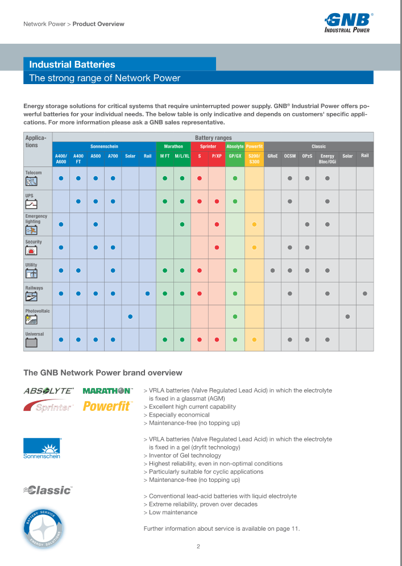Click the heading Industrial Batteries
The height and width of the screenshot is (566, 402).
pyautogui.click(x=72, y=65)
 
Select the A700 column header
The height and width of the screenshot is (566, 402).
pyautogui.click(x=113, y=156)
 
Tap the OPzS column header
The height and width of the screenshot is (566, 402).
pyautogui.click(x=307, y=156)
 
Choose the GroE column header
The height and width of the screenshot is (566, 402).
pyautogui.click(x=272, y=156)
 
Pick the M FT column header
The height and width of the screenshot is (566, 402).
pyautogui.click(x=164, y=156)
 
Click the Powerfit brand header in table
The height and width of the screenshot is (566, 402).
pyautogui.click(x=254, y=146)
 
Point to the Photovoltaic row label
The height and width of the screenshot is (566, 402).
pyautogui.click(x=38, y=311)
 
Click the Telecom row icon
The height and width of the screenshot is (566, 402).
pyautogui.click(x=31, y=182)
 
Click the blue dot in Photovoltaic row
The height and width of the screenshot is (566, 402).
pyautogui.click(x=130, y=317)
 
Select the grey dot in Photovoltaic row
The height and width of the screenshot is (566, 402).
pyautogui.click(x=347, y=317)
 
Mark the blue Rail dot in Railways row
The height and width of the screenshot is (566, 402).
pyautogui.click(x=147, y=294)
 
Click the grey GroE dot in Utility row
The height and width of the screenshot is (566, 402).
pyautogui.click(x=272, y=270)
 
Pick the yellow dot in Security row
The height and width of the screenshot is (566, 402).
pyautogui.click(x=254, y=247)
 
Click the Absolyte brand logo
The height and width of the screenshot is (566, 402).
pyautogui.click(x=48, y=391)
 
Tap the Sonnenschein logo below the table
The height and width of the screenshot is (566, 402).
pyautogui.click(x=42, y=448)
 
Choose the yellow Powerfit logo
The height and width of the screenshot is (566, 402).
pyautogui.click(x=107, y=406)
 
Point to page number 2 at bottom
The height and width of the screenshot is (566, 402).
pyautogui.click(x=198, y=547)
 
